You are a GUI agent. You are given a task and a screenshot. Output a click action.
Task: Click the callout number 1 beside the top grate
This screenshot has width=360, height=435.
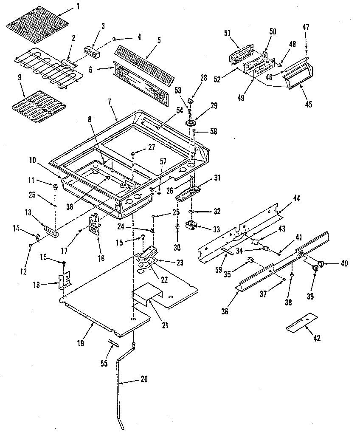click(78, 7)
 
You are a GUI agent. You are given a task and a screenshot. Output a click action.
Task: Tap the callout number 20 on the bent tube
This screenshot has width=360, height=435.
click(143, 379)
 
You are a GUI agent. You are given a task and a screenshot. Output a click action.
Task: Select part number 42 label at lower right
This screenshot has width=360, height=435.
click(316, 338)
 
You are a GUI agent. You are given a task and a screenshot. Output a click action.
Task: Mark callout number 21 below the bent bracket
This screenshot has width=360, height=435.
click(165, 326)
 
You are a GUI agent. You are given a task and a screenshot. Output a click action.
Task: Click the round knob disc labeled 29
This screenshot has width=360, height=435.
click(190, 123)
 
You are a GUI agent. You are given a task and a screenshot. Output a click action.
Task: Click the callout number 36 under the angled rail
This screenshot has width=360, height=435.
click(225, 311)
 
